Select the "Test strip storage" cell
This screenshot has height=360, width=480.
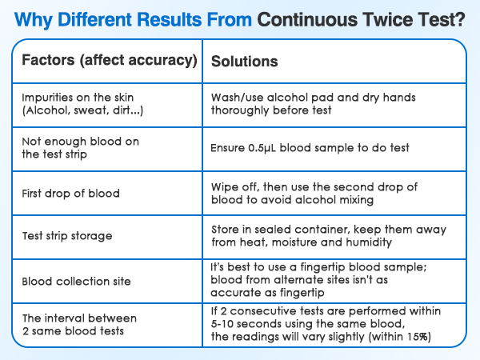(x=67, y=237)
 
